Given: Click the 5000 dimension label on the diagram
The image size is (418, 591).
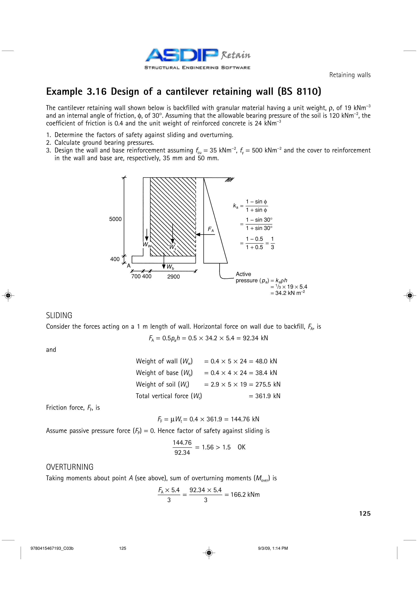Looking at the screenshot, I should click(115, 219).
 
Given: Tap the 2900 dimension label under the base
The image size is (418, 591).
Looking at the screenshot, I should click(173, 277).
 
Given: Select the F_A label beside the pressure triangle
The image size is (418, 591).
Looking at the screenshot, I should click(211, 229).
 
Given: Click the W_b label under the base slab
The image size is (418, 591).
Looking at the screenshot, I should click(170, 267).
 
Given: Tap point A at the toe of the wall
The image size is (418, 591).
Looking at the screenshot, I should click(129, 266).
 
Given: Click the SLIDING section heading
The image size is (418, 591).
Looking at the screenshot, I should click(59, 315).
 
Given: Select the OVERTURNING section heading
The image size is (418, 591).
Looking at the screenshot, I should click(70, 467).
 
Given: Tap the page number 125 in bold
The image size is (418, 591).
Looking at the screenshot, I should click(365, 514).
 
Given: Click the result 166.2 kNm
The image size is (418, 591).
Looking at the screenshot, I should click(245, 495).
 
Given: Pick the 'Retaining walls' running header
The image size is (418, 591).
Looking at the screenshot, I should click(350, 75).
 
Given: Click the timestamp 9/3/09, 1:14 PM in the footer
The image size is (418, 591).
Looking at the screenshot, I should click(273, 548).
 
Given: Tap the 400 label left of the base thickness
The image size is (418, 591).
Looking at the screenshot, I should click(115, 259).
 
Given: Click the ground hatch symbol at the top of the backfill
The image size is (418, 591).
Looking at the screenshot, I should click(229, 180).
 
